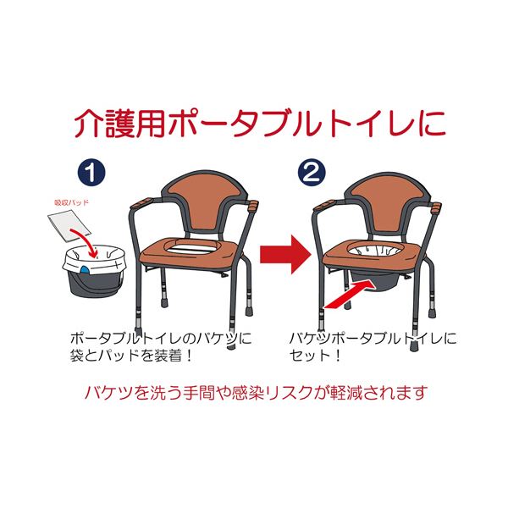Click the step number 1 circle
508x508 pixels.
(91, 173)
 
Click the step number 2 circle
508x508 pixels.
(312, 173)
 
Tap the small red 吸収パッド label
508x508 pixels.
(71, 203)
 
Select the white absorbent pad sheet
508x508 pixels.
(68, 225)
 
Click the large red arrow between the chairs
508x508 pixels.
(284, 254)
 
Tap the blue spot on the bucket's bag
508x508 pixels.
(85, 269)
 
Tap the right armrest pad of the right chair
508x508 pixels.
(437, 207)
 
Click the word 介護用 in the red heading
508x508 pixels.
(119, 124)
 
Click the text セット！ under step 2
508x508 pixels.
(315, 356)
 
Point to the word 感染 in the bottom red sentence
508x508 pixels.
(248, 393)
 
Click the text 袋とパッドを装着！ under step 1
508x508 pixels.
(131, 356)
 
